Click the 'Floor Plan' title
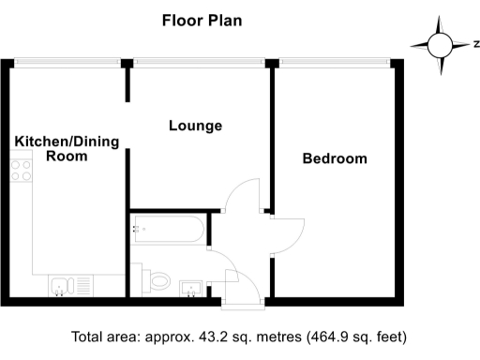202,20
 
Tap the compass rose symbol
439,44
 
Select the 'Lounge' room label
195,125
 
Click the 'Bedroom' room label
334,158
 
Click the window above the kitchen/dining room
66,62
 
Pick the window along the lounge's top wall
200,62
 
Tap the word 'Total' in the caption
91,337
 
